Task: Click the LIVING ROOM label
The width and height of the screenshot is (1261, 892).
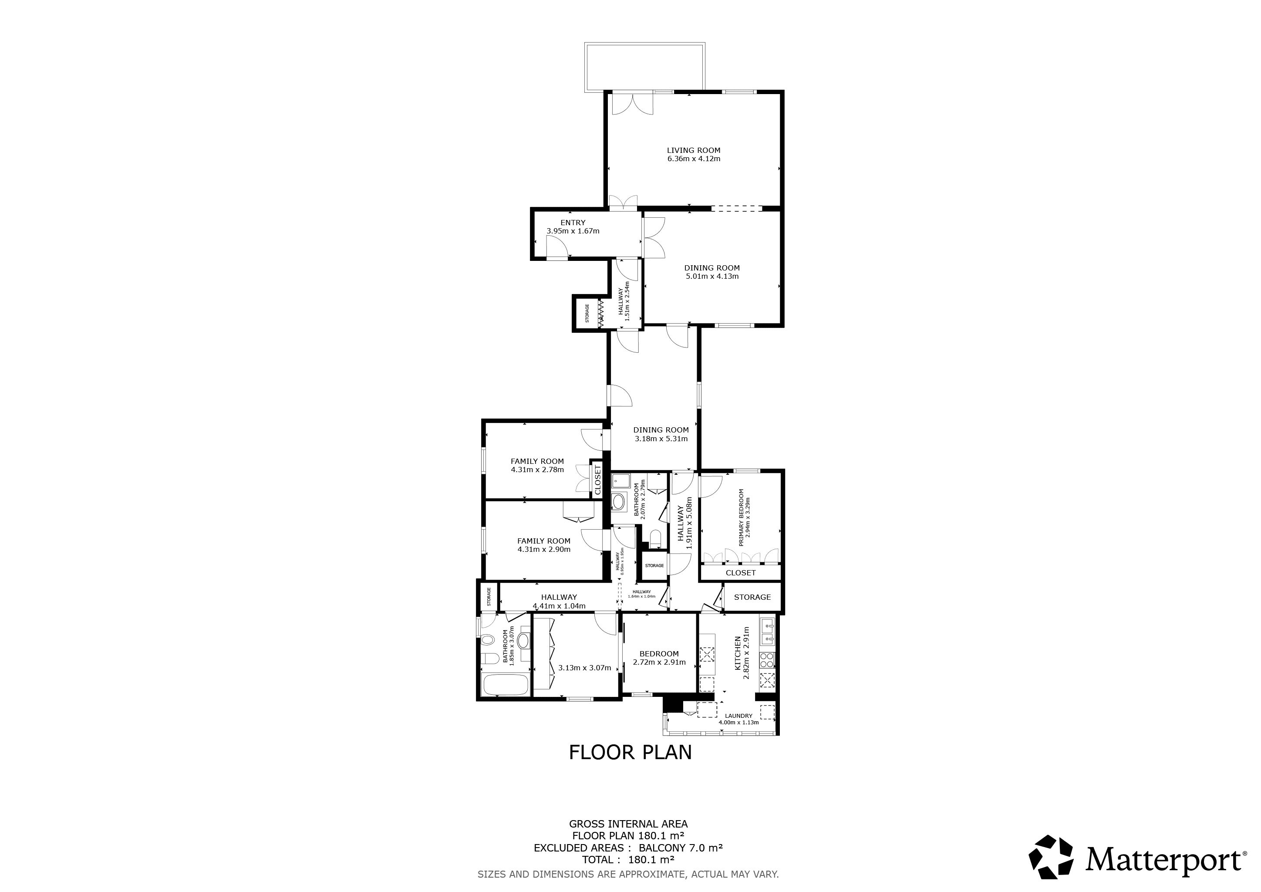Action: coord(693,150)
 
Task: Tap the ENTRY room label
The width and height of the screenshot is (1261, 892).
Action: coord(573,223)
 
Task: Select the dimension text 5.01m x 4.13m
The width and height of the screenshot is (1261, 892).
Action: coord(712,276)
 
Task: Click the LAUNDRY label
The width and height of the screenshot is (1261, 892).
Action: coord(738,716)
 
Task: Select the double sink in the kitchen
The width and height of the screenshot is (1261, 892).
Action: coord(767,631)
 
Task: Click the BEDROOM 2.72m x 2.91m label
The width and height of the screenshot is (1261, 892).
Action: coord(659,654)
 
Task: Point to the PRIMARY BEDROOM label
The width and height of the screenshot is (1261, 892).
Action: coord(741,517)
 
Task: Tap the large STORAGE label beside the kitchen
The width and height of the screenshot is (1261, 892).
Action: coord(752,597)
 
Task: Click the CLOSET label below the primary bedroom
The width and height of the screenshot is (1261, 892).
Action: coord(740,572)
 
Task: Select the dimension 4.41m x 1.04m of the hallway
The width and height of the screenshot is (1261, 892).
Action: coord(559,606)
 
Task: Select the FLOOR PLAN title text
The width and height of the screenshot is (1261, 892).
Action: coord(630,753)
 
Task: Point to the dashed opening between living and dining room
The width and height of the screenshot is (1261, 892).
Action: coord(736,209)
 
